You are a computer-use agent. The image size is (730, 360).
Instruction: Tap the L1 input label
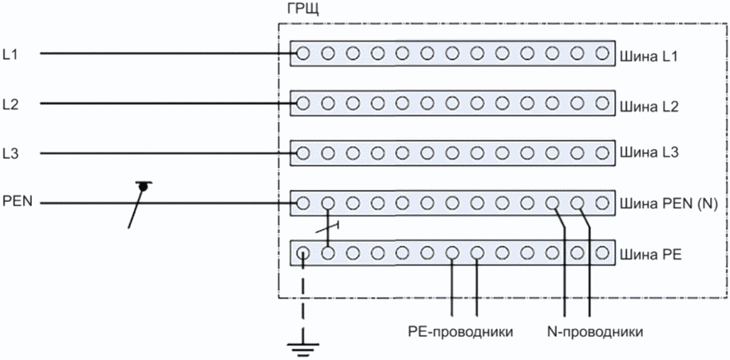[10, 54]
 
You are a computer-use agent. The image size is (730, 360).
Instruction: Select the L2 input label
[10, 104]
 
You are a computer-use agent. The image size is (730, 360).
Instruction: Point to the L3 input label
[10, 153]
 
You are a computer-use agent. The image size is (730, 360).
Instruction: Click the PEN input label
[18, 203]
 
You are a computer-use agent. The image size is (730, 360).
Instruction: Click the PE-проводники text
[460, 333]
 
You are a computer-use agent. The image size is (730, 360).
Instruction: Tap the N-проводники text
[595, 333]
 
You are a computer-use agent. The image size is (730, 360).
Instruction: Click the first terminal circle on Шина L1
[302, 53]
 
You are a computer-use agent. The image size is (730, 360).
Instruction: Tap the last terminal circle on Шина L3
[602, 152]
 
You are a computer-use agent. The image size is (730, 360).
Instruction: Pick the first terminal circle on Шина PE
[302, 253]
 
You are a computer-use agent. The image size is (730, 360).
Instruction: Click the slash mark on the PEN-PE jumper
[328, 227]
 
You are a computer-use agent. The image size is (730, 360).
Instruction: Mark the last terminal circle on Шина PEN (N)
[602, 203]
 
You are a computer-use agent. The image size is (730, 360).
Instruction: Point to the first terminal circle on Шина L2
[302, 103]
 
